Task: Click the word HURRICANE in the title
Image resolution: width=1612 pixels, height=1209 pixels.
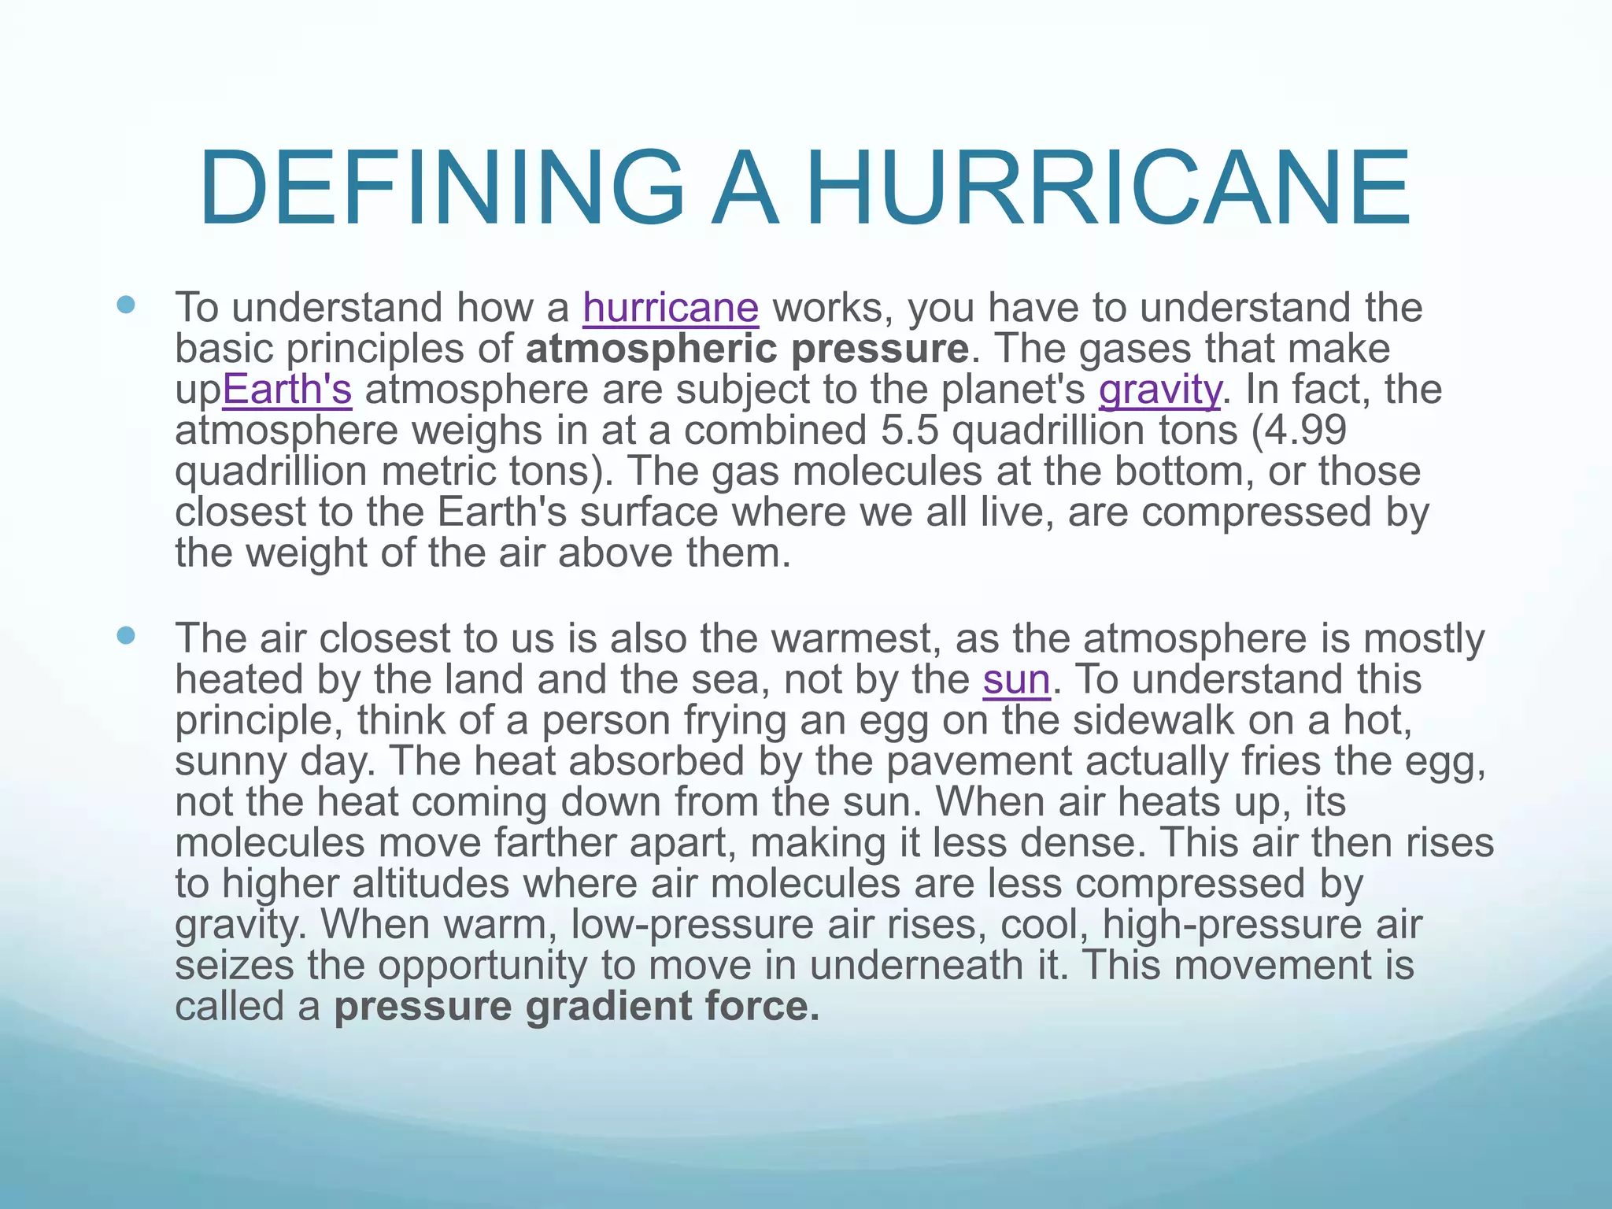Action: pos(1108,190)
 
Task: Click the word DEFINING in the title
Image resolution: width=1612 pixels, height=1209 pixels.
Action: pos(442,190)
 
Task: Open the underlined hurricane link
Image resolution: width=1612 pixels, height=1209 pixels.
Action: pos(671,308)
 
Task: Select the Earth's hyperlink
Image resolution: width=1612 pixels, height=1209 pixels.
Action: pos(287,390)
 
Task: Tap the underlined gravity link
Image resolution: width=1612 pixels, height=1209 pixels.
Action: pos(1160,390)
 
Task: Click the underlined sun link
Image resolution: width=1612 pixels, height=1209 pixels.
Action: pos(1016,679)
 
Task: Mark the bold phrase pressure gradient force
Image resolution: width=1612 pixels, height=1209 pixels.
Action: pos(577,1007)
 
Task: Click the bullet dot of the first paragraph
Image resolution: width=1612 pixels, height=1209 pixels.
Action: pos(125,304)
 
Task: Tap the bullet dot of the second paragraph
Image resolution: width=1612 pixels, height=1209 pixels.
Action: pos(125,634)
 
